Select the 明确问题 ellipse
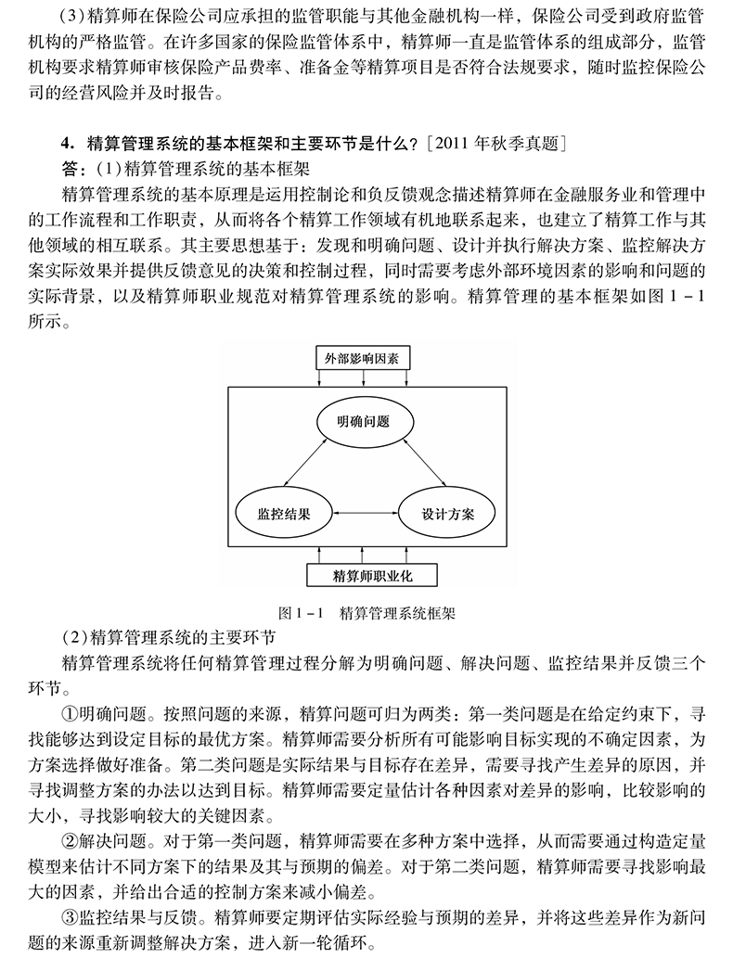click(363, 423)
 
